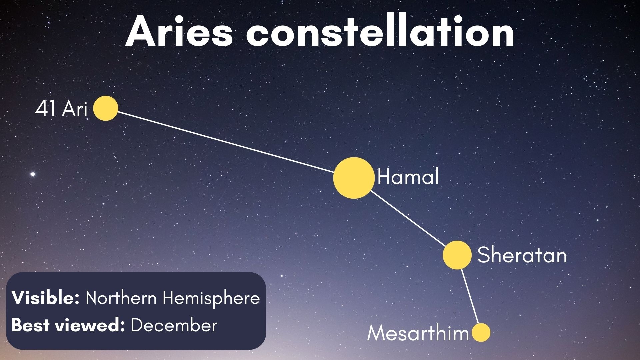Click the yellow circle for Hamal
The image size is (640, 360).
click(x=353, y=178)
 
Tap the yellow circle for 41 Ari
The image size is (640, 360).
click(x=106, y=108)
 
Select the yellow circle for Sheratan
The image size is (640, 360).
click(x=457, y=255)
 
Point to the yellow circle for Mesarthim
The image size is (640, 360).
click(x=481, y=332)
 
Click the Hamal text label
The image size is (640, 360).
click(x=408, y=177)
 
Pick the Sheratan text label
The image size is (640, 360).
click(x=522, y=255)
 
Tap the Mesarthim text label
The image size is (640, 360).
click(x=418, y=333)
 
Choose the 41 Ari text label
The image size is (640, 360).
click(x=61, y=109)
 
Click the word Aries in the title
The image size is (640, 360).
click(x=179, y=32)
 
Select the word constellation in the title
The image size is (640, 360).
click(x=380, y=32)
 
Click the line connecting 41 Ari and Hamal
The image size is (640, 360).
click(x=225, y=142)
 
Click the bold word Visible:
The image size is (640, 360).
click(x=45, y=297)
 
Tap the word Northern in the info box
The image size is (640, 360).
click(x=121, y=297)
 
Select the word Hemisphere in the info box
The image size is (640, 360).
click(x=211, y=298)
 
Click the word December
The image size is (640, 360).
click(x=174, y=325)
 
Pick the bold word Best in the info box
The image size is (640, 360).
click(x=30, y=325)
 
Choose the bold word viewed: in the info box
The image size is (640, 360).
click(x=90, y=325)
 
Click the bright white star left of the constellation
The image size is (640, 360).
click(x=33, y=174)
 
